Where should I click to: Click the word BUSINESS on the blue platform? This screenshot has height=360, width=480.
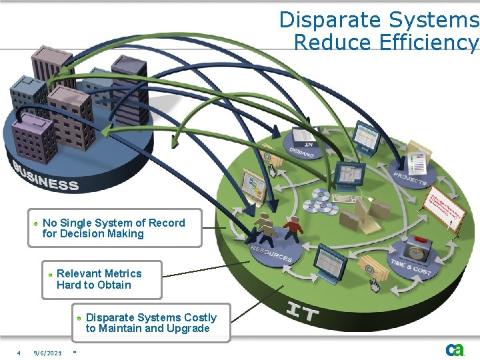point(47,175)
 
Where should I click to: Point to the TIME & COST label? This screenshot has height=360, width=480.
point(411,267)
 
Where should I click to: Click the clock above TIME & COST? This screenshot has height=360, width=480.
point(417,254)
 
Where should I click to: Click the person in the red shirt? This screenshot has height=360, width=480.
point(293,229)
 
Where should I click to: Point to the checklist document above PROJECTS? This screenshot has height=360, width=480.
point(417,159)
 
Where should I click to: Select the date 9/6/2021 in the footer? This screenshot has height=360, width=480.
point(48,353)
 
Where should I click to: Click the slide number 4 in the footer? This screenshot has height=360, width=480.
point(19,353)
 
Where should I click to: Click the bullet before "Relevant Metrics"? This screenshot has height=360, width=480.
point(50,274)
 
